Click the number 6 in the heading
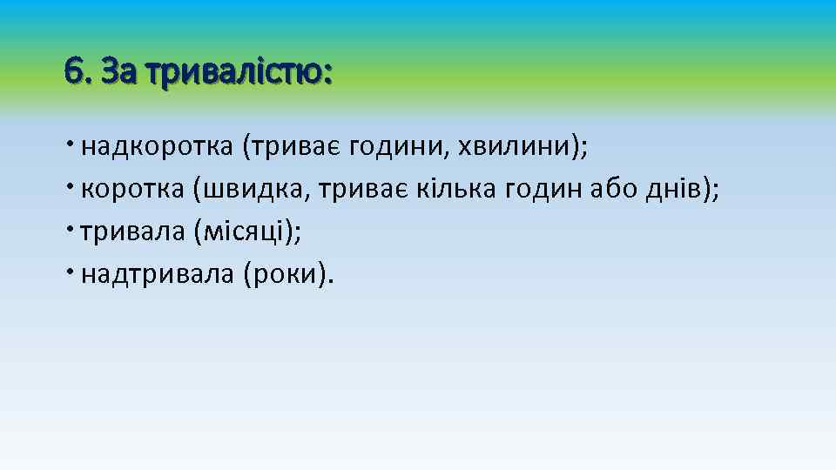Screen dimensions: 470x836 73,70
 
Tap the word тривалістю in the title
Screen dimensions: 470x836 239,70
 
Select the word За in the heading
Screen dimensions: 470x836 118,70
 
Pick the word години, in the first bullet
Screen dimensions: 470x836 397,147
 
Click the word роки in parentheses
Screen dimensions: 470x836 285,275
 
